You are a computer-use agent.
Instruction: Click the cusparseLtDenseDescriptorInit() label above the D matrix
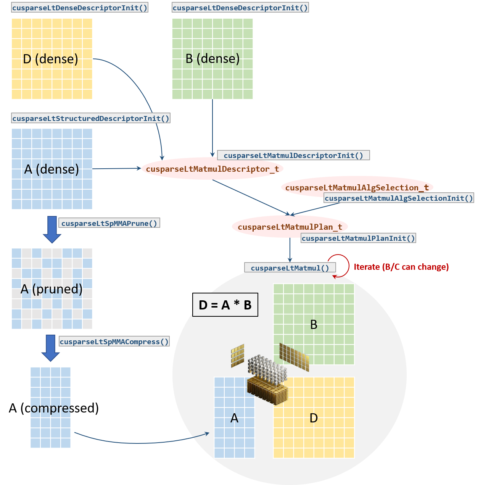tap(79, 8)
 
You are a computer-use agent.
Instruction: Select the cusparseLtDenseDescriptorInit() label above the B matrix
tap(240, 8)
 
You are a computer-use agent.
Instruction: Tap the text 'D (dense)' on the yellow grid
tap(50, 59)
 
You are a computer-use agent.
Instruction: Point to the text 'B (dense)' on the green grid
tap(212, 59)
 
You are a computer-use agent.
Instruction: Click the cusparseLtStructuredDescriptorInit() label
tap(90, 118)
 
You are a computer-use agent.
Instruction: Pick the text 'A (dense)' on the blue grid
tap(52, 169)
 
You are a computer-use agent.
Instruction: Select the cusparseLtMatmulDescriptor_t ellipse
tap(212, 169)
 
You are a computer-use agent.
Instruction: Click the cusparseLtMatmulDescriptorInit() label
tap(293, 155)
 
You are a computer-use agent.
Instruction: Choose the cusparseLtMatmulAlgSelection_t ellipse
tap(357, 187)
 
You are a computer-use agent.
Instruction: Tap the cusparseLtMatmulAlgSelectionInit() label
tap(399, 198)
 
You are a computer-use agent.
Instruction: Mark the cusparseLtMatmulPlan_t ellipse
tap(290, 227)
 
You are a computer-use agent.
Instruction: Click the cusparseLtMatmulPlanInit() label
tap(358, 238)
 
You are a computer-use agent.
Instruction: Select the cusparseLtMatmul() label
tap(290, 268)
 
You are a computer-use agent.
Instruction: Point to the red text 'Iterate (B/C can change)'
tap(401, 267)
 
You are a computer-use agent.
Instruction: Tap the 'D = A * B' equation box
tap(225, 305)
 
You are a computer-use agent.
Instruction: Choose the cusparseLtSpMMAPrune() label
tap(109, 223)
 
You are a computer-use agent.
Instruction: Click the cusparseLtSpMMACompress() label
tap(114, 342)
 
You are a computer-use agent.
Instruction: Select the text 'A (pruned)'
tap(52, 289)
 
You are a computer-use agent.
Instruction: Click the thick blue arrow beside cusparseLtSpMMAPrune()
tap(52, 229)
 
